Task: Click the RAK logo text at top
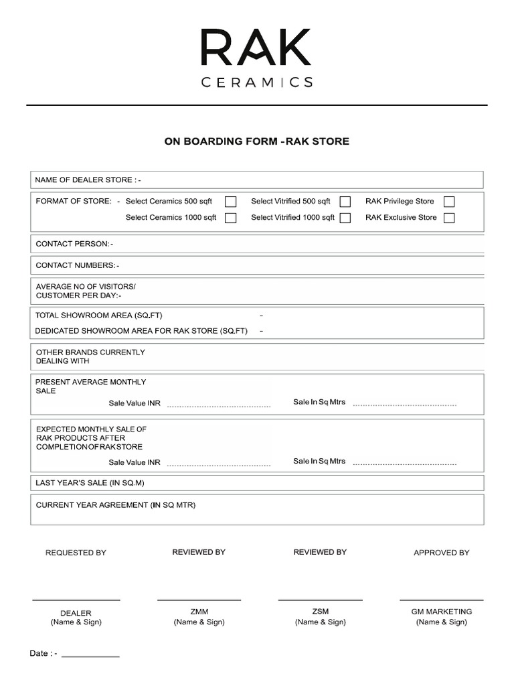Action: pyautogui.click(x=256, y=48)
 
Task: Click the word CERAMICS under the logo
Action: pyautogui.click(x=257, y=82)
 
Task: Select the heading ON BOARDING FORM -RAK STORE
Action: pyautogui.click(x=257, y=141)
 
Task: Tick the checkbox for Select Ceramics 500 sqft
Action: pyautogui.click(x=230, y=202)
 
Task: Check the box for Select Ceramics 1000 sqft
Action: pyautogui.click(x=230, y=218)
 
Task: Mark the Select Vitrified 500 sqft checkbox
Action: pyautogui.click(x=345, y=202)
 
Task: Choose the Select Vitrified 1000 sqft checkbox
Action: pyautogui.click(x=345, y=218)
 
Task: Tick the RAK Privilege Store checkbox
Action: pyautogui.click(x=449, y=202)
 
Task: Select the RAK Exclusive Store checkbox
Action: pyautogui.click(x=449, y=218)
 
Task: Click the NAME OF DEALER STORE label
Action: pyautogui.click(x=88, y=180)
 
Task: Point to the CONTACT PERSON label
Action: pyautogui.click(x=74, y=244)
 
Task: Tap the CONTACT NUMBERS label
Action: pyautogui.click(x=77, y=265)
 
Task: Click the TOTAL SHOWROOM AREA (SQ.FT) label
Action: pyautogui.click(x=99, y=315)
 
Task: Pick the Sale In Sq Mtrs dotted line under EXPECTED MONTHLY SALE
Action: pyautogui.click(x=404, y=464)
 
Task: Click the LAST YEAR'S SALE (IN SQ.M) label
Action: pyautogui.click(x=90, y=482)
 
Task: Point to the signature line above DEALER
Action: pyautogui.click(x=76, y=600)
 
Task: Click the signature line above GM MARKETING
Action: pyautogui.click(x=441, y=600)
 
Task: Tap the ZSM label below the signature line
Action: pyautogui.click(x=320, y=612)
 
